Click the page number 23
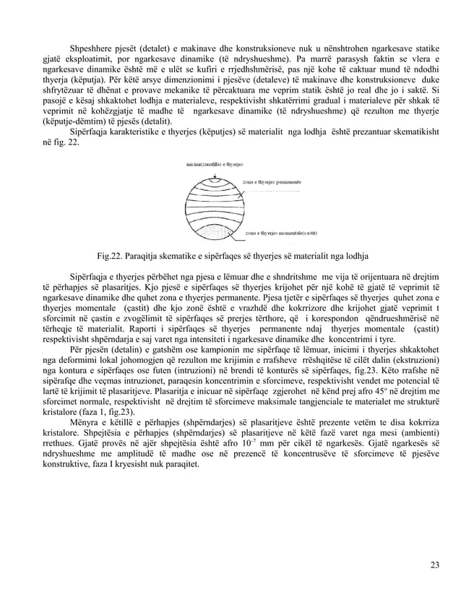[x=434, y=564]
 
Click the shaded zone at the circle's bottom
[x=217, y=233]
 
